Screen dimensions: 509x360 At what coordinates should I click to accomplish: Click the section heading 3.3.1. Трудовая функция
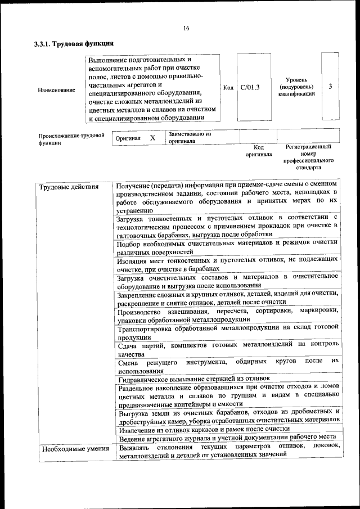coord(74,43)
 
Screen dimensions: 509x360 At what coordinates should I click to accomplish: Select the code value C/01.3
coord(250,87)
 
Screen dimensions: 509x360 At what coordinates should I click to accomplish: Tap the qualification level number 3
coord(330,87)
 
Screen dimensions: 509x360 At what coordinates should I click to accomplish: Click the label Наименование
coord(56,90)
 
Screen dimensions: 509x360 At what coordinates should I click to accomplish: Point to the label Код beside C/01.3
coord(228,88)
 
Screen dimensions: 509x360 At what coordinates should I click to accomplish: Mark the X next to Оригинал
coord(152,138)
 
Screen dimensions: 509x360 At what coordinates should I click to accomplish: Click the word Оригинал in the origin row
coord(128,138)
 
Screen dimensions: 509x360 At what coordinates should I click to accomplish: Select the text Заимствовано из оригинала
coord(189,138)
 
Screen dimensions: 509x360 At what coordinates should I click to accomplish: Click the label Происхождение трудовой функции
coord(71,139)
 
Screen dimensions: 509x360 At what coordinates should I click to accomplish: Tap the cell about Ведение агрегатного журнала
coord(227,437)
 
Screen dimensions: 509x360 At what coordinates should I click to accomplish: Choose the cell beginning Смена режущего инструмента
coord(228,365)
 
